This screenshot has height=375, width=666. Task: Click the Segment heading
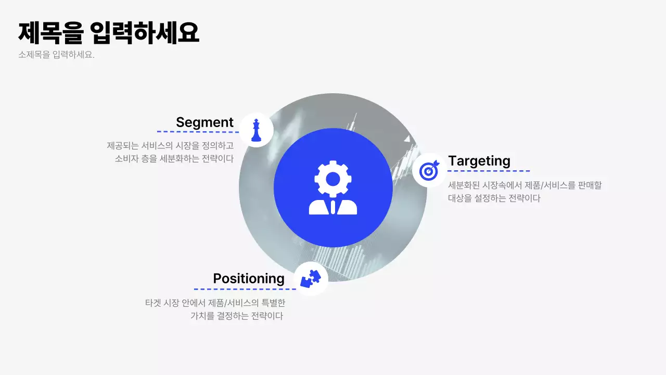(x=204, y=122)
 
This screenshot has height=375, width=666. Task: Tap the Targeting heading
(x=479, y=161)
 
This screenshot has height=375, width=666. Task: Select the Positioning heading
(x=249, y=279)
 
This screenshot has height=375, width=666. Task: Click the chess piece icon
(x=256, y=130)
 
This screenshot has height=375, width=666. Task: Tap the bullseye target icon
(x=429, y=170)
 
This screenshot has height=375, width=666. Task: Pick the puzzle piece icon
(x=311, y=279)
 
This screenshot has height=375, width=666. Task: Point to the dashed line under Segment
(x=198, y=132)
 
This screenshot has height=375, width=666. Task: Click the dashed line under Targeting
(x=489, y=171)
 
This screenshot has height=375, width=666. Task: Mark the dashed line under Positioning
(x=245, y=289)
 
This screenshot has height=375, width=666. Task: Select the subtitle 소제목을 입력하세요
(x=56, y=55)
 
